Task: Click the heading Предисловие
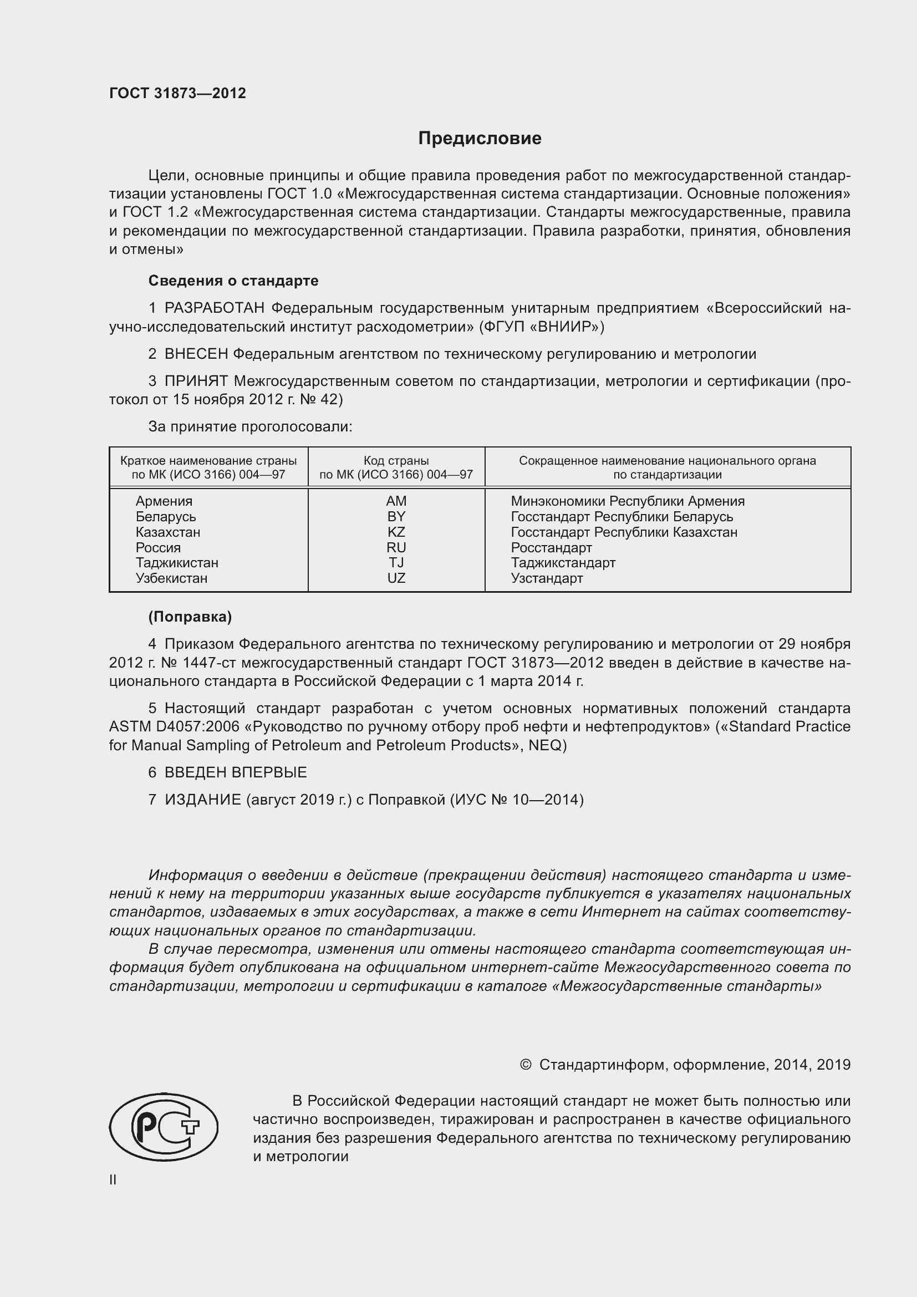coord(480,139)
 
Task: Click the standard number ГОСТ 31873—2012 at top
coord(177,93)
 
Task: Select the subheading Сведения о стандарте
coord(233,281)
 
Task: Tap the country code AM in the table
coord(396,501)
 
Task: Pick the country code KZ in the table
coord(396,532)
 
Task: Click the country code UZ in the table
coord(396,578)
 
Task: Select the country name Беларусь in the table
coord(165,517)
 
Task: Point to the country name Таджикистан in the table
coord(177,563)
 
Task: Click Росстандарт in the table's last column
coord(551,547)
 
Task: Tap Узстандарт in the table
coord(547,578)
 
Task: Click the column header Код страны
coord(396,461)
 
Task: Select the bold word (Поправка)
coord(190,617)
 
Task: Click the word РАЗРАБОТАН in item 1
coord(215,308)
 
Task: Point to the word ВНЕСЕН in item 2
coord(196,354)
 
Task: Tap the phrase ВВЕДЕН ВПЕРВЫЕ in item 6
coord(236,772)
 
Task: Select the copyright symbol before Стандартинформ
coord(525,1065)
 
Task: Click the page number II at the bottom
coord(113,1179)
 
